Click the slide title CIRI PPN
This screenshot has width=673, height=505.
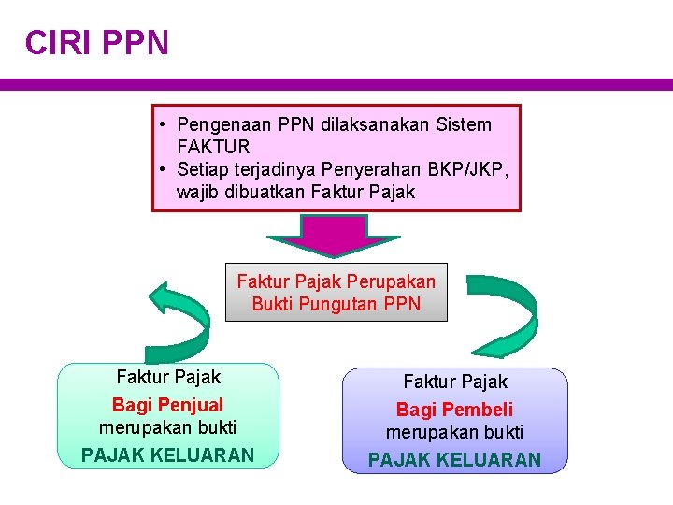coord(97,43)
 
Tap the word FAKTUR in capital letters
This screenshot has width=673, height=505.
coord(213,147)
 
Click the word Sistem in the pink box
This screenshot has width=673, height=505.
coord(464,124)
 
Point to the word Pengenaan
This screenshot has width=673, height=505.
coord(220,124)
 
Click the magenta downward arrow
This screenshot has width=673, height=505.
coord(336,235)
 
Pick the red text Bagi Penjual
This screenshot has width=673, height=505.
coord(168,405)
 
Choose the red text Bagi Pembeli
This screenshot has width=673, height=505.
coord(454,410)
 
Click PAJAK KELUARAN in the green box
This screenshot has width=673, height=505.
coord(168,455)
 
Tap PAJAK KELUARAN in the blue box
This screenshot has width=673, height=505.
coord(454,459)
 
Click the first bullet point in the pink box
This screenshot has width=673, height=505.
coord(163,124)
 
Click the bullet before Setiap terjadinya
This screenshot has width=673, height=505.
coord(163,169)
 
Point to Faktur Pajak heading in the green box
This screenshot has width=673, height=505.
coord(168,377)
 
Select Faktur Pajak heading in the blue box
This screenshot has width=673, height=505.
coord(454,382)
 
